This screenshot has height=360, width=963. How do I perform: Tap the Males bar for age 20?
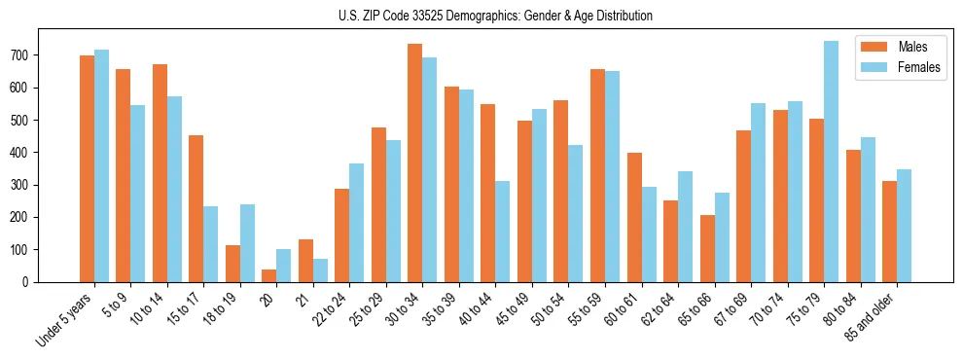[269, 275]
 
